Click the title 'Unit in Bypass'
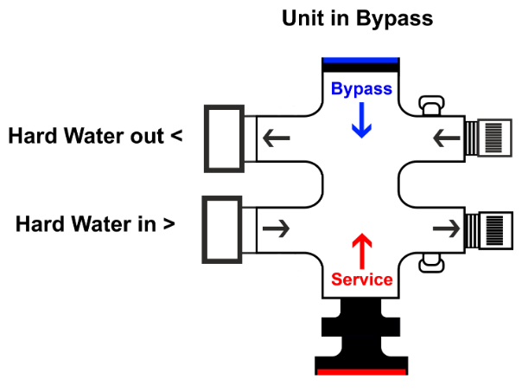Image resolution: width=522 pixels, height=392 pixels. point(357,18)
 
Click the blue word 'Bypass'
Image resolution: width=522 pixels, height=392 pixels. point(361,89)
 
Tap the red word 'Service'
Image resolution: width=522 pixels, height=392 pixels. point(362,280)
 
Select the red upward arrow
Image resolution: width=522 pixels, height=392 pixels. point(361,249)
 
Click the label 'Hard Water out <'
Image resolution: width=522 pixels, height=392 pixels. point(94,137)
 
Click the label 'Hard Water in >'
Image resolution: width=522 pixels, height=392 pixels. point(95,224)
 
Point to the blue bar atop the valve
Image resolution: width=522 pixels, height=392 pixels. point(360,61)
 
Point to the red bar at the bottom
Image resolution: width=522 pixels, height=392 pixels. point(361,372)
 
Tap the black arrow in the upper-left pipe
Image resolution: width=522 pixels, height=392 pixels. point(277,137)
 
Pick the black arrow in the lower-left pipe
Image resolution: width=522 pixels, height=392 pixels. point(277,228)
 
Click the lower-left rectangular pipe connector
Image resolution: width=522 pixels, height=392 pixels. point(222,228)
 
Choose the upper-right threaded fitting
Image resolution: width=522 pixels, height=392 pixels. point(486,138)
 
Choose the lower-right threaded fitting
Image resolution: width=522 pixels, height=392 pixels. point(486,228)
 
